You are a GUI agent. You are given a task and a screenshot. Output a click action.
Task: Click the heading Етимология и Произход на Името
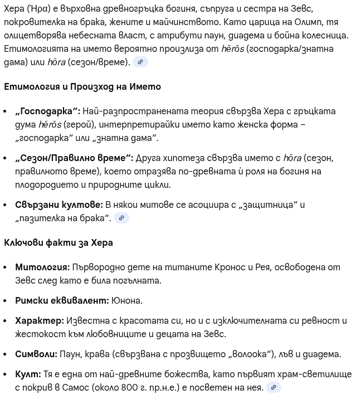[82, 87]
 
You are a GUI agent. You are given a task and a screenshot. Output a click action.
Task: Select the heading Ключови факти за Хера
[59, 243]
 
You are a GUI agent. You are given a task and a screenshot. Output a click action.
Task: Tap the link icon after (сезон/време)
[140, 62]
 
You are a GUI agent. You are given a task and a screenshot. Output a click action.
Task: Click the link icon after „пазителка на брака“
[121, 218]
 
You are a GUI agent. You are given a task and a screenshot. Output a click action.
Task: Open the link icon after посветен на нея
[273, 387]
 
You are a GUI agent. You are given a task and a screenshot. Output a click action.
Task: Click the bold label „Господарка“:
[48, 111]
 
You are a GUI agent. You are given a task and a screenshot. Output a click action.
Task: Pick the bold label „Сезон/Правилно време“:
[74, 158]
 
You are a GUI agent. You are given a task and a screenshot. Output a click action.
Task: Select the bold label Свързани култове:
[59, 205]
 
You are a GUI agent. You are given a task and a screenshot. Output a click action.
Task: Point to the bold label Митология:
[42, 267]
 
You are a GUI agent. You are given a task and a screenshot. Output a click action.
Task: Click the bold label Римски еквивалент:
[62, 301]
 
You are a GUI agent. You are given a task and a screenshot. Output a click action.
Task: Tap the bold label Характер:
[40, 321]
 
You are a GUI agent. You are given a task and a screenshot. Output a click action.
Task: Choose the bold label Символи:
[36, 354]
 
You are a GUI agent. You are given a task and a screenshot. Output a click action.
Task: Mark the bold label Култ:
[28, 374]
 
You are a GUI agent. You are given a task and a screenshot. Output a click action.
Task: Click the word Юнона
[127, 301]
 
